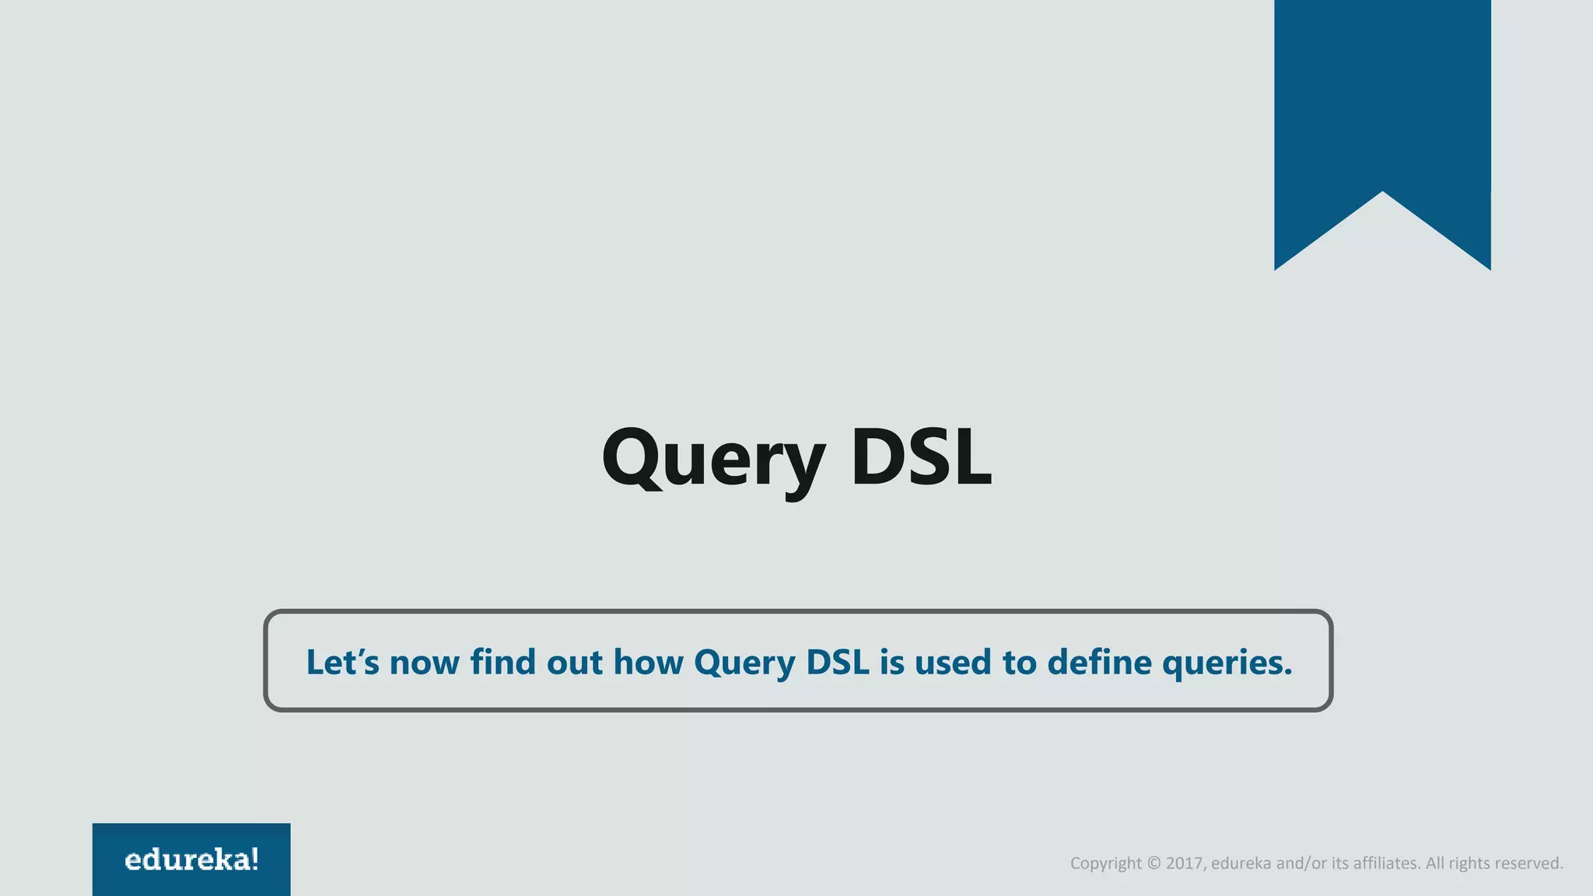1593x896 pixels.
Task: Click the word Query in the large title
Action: [712, 459]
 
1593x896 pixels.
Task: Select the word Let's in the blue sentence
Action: [342, 662]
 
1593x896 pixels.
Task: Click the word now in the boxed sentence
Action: [424, 663]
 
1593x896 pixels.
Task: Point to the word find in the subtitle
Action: [502, 662]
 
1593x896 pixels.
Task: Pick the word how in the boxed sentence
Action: [648, 662]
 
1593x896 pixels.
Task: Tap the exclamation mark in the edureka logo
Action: [254, 859]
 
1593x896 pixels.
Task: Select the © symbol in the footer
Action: [1154, 863]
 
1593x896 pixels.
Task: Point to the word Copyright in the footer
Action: [1105, 863]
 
